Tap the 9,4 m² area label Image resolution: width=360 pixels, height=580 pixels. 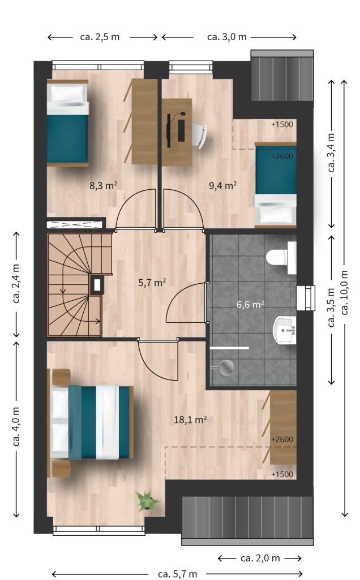(222, 185)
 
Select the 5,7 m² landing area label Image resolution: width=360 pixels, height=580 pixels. (152, 283)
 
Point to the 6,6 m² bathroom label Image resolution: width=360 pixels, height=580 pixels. (250, 304)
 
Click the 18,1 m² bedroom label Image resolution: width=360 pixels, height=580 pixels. (190, 420)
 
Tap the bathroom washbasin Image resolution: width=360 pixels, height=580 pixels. (285, 330)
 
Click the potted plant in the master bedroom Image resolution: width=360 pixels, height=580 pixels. (147, 501)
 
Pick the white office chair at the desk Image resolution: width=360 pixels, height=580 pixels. (200, 135)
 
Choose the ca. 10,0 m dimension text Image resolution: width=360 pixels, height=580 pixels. (345, 293)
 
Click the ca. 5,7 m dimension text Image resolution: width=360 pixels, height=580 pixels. (177, 574)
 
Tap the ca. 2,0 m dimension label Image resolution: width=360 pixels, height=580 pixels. (260, 558)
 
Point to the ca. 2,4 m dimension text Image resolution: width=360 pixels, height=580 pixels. (16, 284)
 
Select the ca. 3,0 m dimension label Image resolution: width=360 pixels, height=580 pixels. (227, 37)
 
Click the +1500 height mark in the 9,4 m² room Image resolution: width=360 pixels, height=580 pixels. (282, 124)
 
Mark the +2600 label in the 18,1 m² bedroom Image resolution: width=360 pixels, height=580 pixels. (282, 440)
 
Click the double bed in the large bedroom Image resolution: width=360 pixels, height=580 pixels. (92, 423)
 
